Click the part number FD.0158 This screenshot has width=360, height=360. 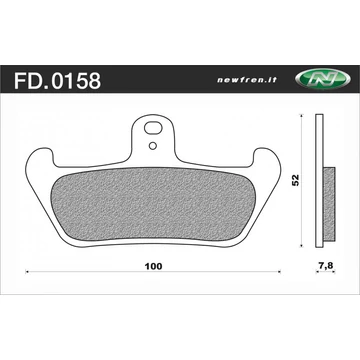(x=57, y=81)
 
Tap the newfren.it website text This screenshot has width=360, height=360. (x=247, y=80)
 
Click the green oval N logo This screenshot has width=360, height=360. (x=323, y=80)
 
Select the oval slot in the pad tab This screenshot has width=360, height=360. (x=152, y=129)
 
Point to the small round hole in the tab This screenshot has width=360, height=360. (x=153, y=146)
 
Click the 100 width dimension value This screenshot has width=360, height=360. (x=154, y=267)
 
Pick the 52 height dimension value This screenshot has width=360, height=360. (x=296, y=180)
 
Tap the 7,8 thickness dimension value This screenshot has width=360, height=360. (x=325, y=265)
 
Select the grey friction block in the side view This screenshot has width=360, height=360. (x=329, y=204)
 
